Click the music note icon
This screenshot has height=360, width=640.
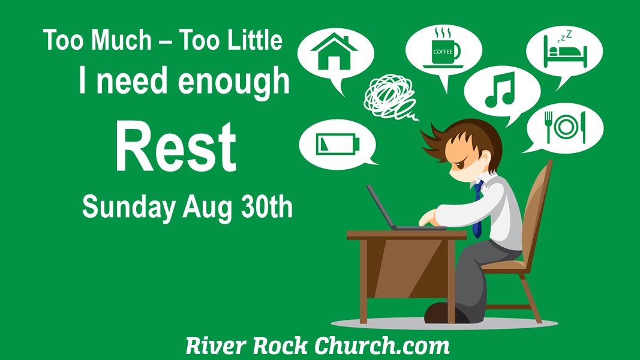click(500, 90)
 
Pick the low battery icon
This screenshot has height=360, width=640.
click(338, 145)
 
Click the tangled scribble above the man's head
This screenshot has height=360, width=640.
click(390, 97)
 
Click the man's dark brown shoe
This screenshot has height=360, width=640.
click(446, 313)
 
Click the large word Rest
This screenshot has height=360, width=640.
click(176, 147)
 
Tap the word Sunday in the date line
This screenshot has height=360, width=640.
click(129, 208)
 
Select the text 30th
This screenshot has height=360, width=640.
click(267, 206)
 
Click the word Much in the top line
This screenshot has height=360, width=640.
click(121, 40)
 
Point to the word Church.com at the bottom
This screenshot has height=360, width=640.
click(381, 346)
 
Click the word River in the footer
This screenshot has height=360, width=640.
click(217, 346)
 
